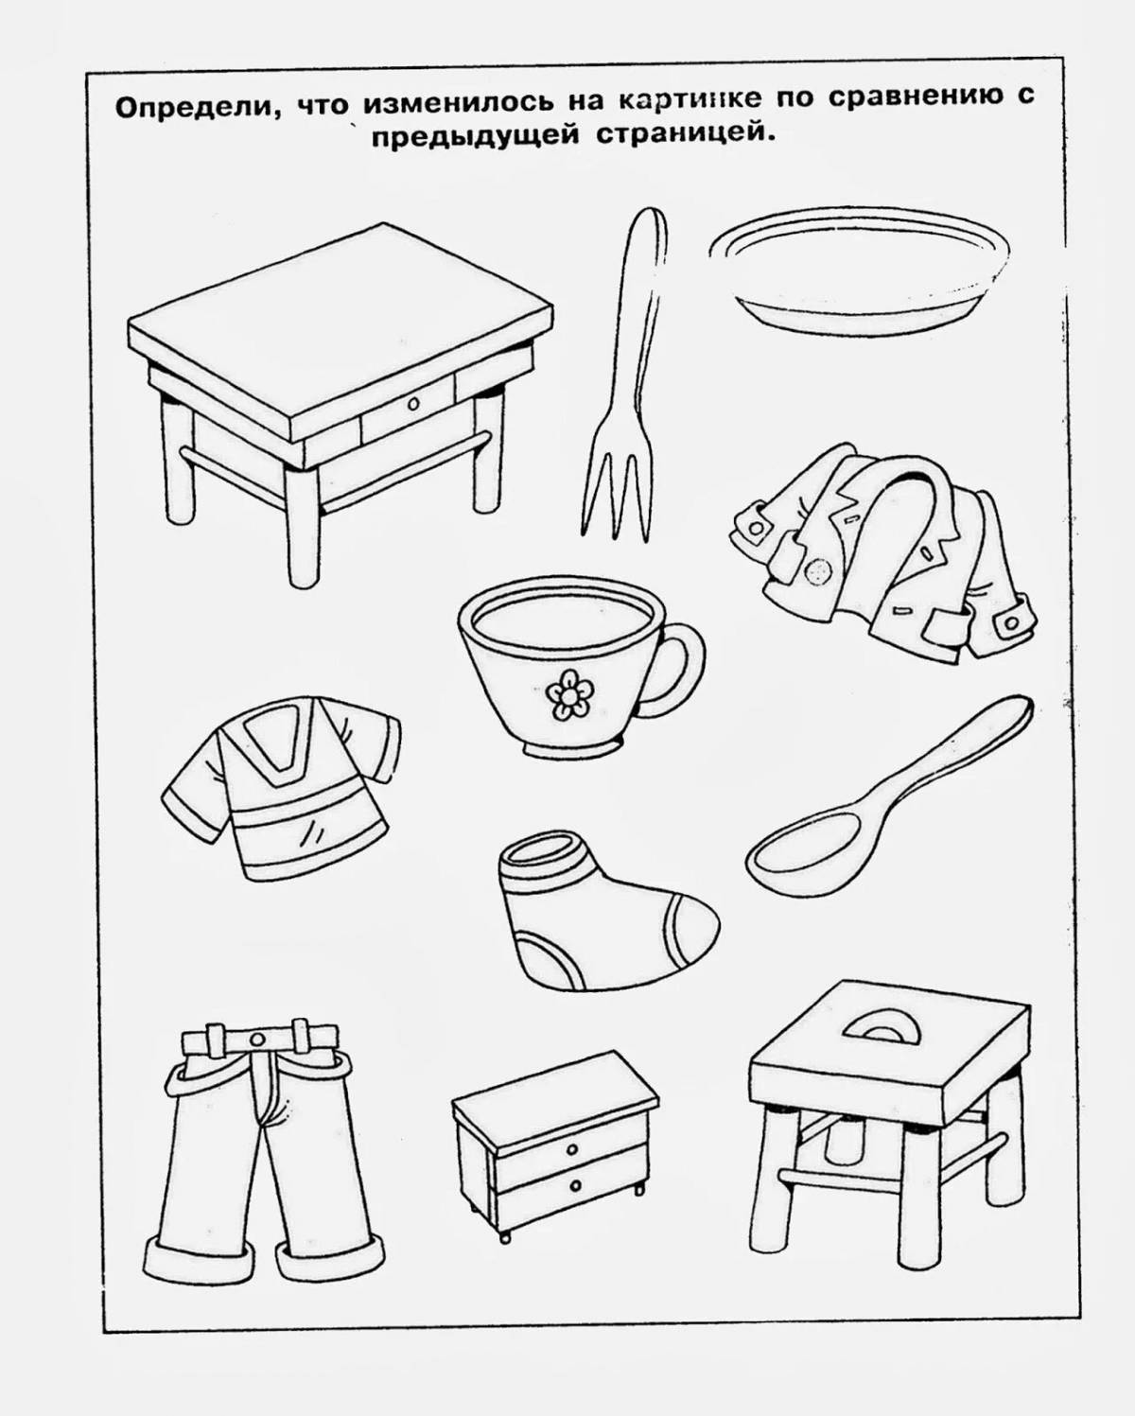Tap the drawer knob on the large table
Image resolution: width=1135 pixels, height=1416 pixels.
coord(411,405)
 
